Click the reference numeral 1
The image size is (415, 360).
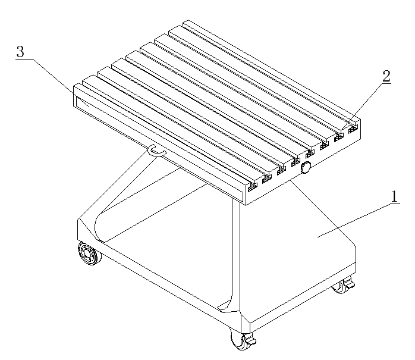click(x=394, y=197)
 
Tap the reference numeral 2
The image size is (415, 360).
click(x=386, y=76)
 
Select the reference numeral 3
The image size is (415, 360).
click(x=20, y=51)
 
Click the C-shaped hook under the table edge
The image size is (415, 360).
click(x=157, y=151)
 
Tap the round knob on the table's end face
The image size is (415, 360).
click(x=306, y=167)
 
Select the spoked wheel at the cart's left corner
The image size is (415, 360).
click(x=89, y=253)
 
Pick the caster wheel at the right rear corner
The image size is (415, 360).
click(x=342, y=285)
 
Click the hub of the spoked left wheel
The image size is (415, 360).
click(x=87, y=253)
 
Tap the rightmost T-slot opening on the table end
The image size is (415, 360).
click(x=353, y=130)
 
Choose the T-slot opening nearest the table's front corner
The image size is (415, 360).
click(x=253, y=187)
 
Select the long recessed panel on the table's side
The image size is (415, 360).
click(x=159, y=149)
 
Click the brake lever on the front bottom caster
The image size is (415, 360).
click(x=250, y=339)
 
